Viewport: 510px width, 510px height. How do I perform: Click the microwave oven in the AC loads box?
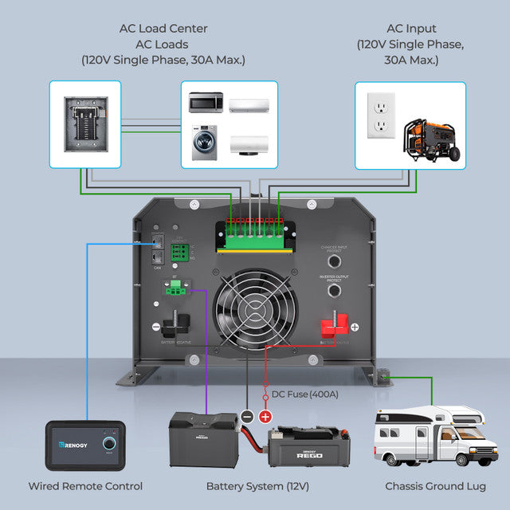(206, 103)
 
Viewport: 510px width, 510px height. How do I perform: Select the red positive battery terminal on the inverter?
(334, 327)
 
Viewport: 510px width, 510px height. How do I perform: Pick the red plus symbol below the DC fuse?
(265, 416)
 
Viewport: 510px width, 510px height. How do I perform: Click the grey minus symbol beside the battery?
(247, 416)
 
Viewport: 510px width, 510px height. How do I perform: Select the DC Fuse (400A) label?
(304, 394)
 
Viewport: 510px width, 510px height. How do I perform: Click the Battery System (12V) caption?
(257, 486)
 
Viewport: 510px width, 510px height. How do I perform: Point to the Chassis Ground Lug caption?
(435, 486)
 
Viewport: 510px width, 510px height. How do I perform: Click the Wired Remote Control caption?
(85, 486)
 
